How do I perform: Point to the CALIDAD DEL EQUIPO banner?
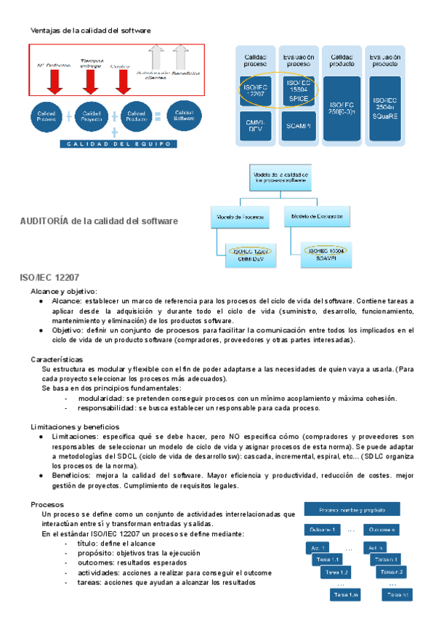pyautogui.click(x=118, y=144)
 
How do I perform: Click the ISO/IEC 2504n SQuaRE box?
pyautogui.click(x=384, y=108)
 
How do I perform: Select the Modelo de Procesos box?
pyautogui.click(x=240, y=215)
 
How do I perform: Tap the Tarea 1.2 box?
pyautogui.click(x=336, y=572)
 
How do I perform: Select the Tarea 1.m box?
pyautogui.click(x=345, y=595)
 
